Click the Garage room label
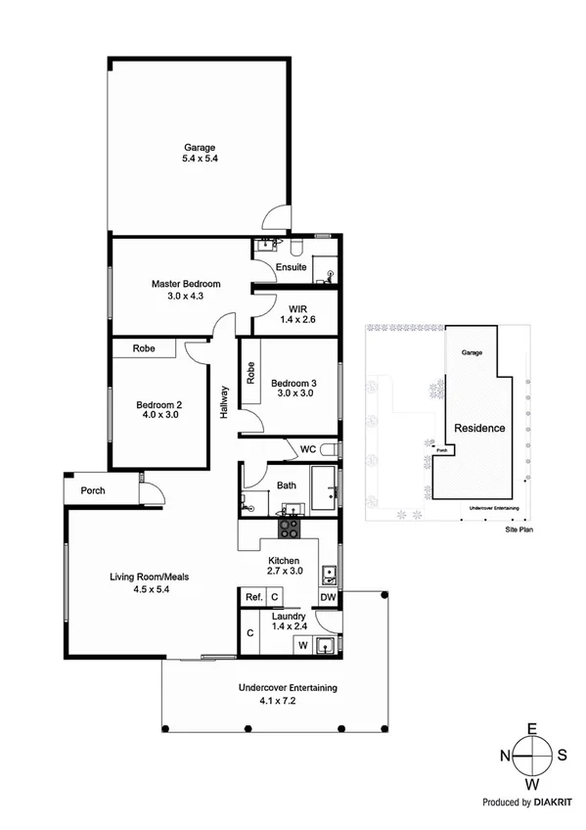pos(200,149)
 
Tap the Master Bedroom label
pos(186,284)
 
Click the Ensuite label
pos(292,266)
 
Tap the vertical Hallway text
pos(224,401)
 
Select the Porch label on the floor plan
pos(94,490)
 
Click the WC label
pos(306,450)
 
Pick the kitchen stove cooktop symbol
pos(290,530)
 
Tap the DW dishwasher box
pos(328,597)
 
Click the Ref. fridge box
pos(252,597)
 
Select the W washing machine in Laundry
pos(302,644)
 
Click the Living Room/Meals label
pos(149,576)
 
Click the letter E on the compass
pos(532,729)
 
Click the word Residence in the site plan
pos(478,428)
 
